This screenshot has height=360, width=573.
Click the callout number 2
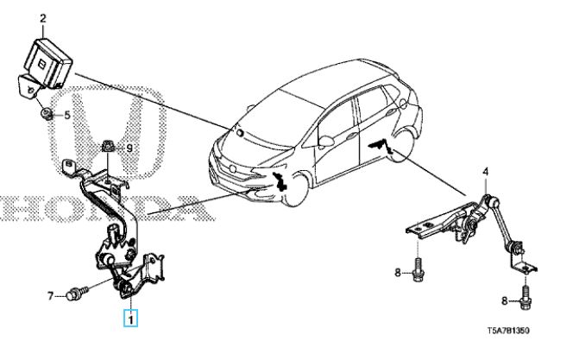tap(43, 18)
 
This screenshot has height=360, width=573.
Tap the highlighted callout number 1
tap(130, 319)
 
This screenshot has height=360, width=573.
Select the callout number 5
tap(66, 116)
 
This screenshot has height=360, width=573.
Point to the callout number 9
tap(129, 148)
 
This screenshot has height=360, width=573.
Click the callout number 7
tap(51, 295)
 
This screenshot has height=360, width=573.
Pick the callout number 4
tap(486, 171)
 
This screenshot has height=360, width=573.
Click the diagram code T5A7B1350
tap(508, 332)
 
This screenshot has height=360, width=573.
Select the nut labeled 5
tap(47, 113)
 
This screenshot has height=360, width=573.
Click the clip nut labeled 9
tap(107, 147)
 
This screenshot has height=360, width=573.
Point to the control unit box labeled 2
tap(47, 62)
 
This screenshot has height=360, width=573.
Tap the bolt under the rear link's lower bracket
tap(526, 298)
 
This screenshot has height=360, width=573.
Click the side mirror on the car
tap(326, 141)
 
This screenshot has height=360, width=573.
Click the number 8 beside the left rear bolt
tap(398, 272)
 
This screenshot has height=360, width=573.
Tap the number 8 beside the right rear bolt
tap(505, 300)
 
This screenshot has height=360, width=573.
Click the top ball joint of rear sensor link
tap(488, 199)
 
